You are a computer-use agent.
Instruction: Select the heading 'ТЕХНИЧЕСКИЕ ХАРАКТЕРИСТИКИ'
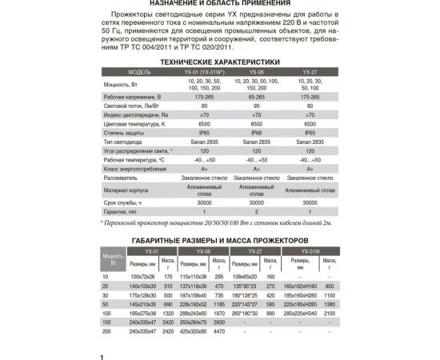click(220, 60)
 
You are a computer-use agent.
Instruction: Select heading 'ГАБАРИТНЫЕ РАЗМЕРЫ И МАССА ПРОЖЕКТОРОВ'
click(220, 239)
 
